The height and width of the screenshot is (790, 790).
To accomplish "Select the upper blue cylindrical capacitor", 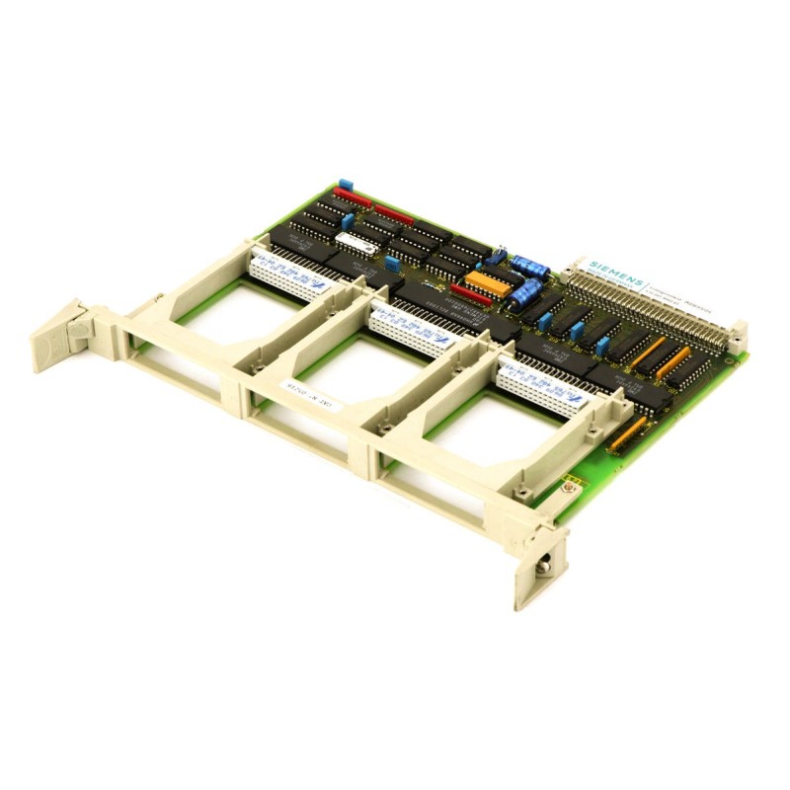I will coord(529,266).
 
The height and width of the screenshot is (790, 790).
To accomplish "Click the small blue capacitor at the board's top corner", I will coord(345,186).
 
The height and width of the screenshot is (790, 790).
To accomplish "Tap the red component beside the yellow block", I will coord(470,294).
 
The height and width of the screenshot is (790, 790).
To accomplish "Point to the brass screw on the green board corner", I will coord(570,484).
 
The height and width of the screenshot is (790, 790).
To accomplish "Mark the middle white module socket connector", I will coord(407,324).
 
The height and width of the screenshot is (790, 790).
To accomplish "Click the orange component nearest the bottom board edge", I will coord(628,434).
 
